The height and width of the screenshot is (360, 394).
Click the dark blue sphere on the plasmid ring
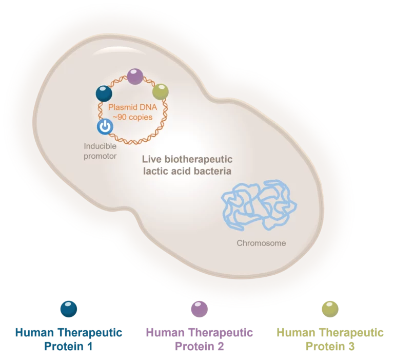[x=104, y=93]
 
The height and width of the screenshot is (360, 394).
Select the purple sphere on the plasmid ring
[x=135, y=77]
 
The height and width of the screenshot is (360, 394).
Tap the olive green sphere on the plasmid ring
[x=160, y=92]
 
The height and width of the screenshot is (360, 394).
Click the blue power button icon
[x=105, y=126]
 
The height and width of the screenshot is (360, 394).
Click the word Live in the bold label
[x=150, y=160]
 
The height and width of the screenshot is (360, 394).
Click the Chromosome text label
[x=261, y=243]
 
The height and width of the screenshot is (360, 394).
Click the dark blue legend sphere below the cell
[x=69, y=308]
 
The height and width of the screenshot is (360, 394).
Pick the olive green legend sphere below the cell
[x=330, y=308]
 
